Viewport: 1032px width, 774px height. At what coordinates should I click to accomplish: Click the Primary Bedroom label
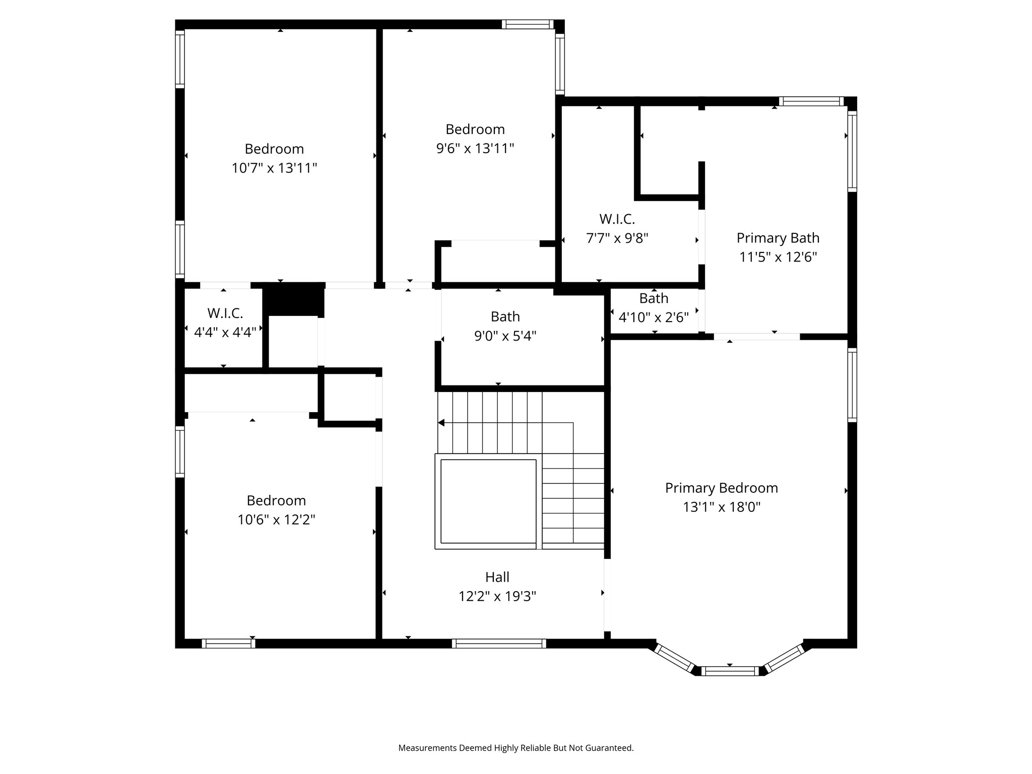[x=721, y=488]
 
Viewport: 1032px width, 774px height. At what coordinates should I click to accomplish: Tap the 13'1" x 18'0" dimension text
[x=721, y=507]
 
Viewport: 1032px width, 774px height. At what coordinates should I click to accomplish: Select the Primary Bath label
[x=778, y=238]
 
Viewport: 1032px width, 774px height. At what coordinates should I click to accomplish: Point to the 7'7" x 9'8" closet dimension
[x=617, y=238]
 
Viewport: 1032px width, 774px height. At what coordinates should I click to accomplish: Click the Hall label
[x=497, y=577]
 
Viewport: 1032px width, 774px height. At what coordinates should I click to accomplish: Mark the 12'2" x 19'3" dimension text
[x=497, y=597]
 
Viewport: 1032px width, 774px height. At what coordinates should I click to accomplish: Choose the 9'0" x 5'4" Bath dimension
[x=505, y=336]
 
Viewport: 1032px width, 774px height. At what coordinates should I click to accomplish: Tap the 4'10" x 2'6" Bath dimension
[x=653, y=317]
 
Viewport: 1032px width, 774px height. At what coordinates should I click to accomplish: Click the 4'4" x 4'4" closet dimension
[x=225, y=332]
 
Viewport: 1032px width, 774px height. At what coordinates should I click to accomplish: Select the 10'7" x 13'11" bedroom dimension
[x=274, y=168]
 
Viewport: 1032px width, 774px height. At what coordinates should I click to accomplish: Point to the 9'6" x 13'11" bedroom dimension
[x=475, y=148]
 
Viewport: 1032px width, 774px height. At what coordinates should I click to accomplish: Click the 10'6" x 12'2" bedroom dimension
[x=276, y=520]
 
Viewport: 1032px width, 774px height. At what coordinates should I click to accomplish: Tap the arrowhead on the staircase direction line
[x=441, y=423]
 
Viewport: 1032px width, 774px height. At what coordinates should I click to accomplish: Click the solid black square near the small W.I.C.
[x=293, y=299]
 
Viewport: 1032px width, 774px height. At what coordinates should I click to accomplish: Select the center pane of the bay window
[x=729, y=671]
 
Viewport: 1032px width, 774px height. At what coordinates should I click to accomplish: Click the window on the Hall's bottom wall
[x=499, y=643]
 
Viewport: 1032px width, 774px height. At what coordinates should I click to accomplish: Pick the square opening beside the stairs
[x=488, y=501]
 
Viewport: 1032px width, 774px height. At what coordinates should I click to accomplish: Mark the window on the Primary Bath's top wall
[x=811, y=101]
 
